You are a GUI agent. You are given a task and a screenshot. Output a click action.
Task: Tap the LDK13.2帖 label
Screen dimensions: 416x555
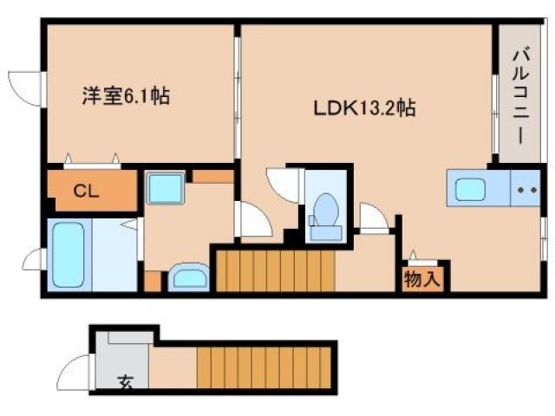364,109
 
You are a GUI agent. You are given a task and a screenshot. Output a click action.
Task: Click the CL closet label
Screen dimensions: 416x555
85,190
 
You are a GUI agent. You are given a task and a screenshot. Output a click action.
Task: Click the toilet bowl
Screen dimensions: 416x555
326,211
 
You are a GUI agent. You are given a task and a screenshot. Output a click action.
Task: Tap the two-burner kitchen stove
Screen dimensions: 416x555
524,189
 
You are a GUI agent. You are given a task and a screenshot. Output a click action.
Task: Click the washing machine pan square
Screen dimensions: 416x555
164,188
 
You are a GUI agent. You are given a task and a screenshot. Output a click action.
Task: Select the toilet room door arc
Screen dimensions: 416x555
284,185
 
